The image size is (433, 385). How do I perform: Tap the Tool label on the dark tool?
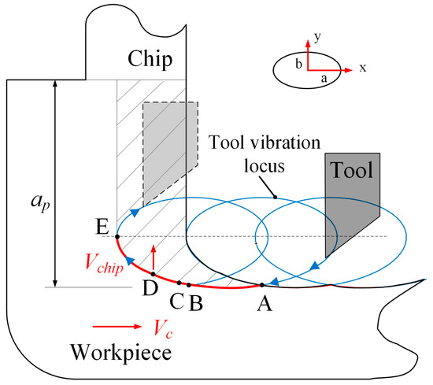[350, 171]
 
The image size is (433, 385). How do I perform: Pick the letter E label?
[102, 228]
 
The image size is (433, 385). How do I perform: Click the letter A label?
[263, 301]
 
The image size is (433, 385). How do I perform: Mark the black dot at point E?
[117, 236]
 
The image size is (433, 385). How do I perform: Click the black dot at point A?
[261, 285]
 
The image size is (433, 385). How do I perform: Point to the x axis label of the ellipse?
[363, 68]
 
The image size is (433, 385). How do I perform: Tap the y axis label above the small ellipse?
[315, 37]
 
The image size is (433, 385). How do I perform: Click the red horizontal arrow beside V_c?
[109, 324]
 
